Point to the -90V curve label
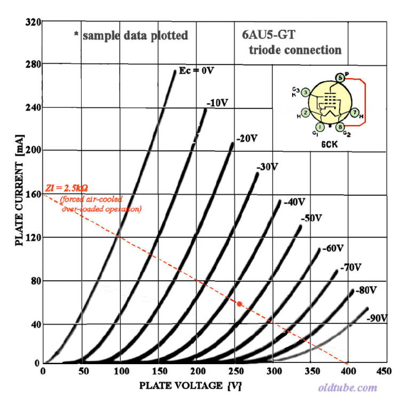377,318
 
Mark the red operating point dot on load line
240,304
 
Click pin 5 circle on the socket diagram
340,78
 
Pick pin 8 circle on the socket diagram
340,127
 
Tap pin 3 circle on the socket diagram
305,92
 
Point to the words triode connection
295,50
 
